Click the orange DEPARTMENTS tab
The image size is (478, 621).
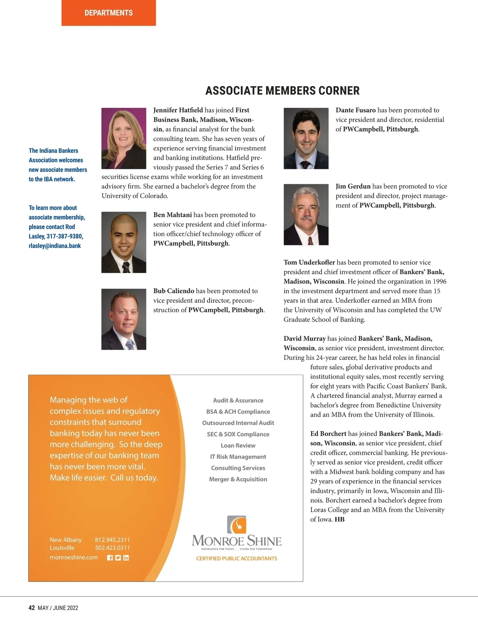[x=108, y=13]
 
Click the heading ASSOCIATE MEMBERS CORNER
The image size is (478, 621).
[x=282, y=91]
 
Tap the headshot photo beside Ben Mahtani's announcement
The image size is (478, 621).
[x=123, y=242]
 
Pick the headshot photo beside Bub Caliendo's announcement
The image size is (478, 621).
[x=123, y=319]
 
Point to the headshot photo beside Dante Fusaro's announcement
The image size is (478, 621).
[x=306, y=138]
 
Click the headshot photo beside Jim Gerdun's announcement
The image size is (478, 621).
[x=306, y=214]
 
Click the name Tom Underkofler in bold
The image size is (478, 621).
[x=309, y=262]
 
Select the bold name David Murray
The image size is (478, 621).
[x=304, y=338]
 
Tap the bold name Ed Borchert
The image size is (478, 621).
[x=328, y=434]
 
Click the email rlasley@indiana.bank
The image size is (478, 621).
[x=55, y=246]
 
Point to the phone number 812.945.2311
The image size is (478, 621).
[x=112, y=540]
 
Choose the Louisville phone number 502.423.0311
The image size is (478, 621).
[x=112, y=548]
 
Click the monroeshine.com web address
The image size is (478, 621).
[x=74, y=557]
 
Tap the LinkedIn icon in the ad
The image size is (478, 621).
[x=126, y=558]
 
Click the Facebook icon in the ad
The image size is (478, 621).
[x=110, y=558]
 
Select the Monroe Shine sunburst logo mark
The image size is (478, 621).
[x=237, y=525]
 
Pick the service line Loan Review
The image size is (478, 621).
[x=238, y=445]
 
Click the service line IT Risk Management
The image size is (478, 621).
[x=238, y=457]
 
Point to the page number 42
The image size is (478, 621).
[x=32, y=608]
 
